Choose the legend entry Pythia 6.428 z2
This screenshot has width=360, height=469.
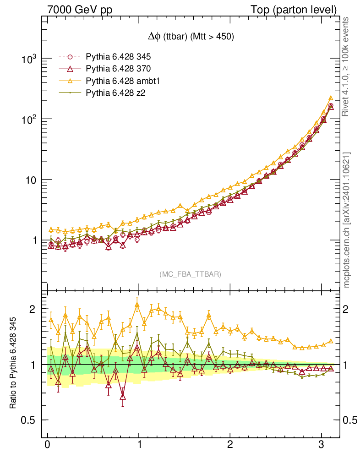pos(114,93)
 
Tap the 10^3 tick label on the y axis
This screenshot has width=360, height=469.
pos(29,60)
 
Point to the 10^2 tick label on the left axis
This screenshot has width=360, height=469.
pos(29,120)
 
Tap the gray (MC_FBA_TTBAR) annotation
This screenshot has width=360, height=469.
pos(191,274)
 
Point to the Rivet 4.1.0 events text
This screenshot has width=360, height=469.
pos(347,66)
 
